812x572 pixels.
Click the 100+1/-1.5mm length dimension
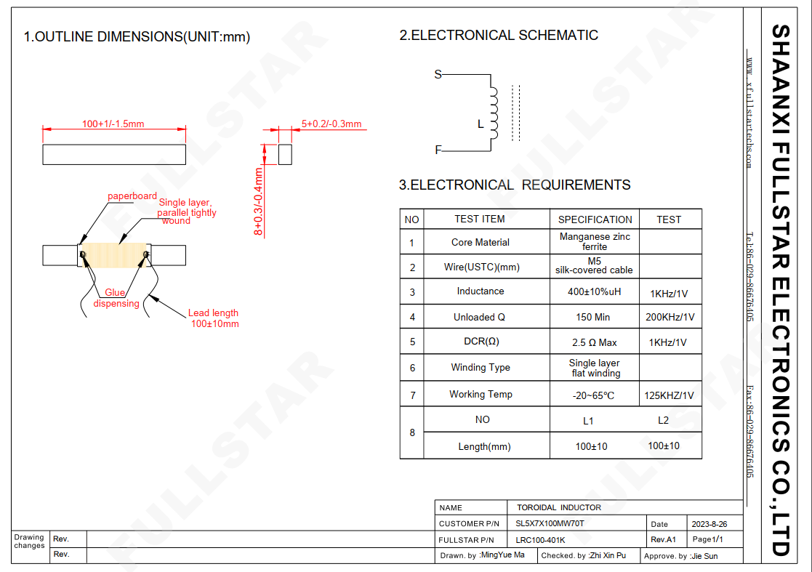pyautogui.click(x=113, y=124)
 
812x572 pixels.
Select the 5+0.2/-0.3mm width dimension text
pyautogui.click(x=331, y=124)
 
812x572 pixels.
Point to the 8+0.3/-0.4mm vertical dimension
pyautogui.click(x=258, y=201)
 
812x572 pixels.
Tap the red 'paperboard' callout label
pyautogui.click(x=132, y=196)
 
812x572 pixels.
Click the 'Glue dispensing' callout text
pyautogui.click(x=116, y=298)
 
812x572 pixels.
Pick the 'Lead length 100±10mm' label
pyautogui.click(x=214, y=318)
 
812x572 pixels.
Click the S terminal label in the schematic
pyautogui.click(x=438, y=75)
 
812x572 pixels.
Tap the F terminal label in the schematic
pyautogui.click(x=438, y=150)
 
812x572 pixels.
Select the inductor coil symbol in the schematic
pyautogui.click(x=494, y=113)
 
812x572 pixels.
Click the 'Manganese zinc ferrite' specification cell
pyautogui.click(x=595, y=241)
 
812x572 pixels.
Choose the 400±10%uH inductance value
pyautogui.click(x=594, y=291)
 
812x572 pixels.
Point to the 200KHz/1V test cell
pyautogui.click(x=670, y=317)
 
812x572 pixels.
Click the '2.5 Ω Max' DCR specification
pyautogui.click(x=595, y=342)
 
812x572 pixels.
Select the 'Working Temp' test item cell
pyautogui.click(x=481, y=394)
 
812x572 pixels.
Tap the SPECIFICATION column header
pyautogui.click(x=595, y=219)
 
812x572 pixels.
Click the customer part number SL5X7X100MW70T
pyautogui.click(x=550, y=523)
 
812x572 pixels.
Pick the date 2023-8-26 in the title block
pyautogui.click(x=709, y=524)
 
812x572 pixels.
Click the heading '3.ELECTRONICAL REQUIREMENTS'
pyautogui.click(x=515, y=185)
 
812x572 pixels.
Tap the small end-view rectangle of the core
pyautogui.click(x=285, y=154)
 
